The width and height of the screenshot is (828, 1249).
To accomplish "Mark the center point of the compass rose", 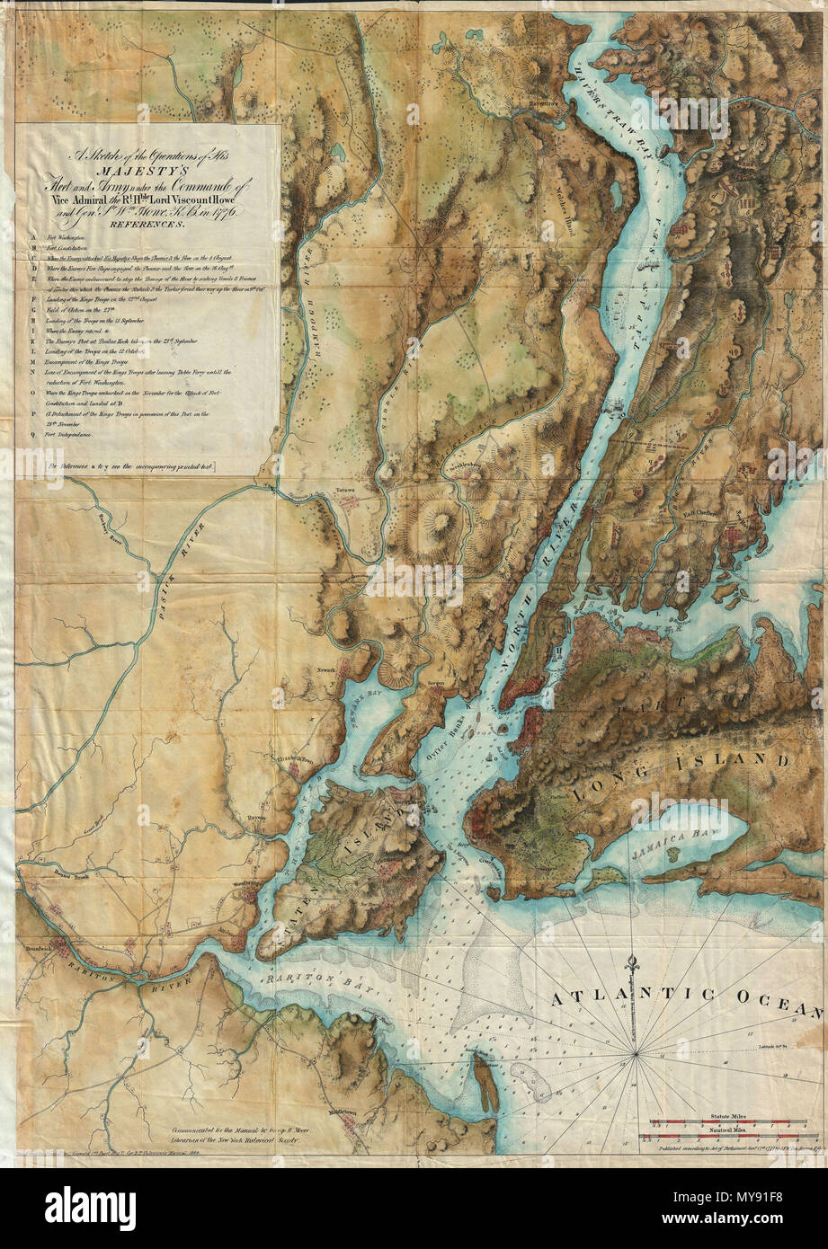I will (x=637, y=1051).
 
